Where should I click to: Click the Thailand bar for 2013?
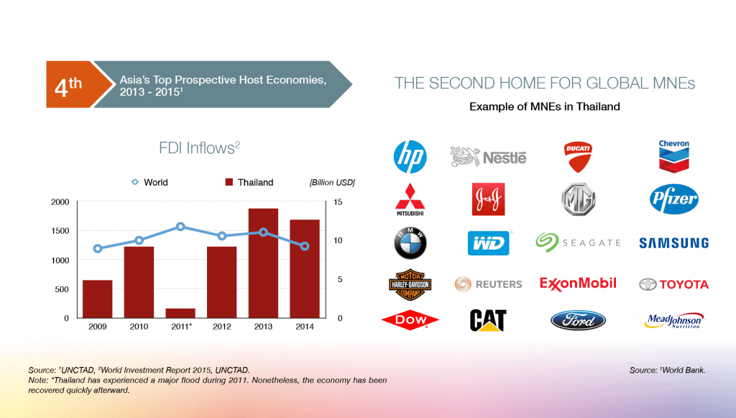click(263, 263)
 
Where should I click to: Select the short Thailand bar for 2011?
click(180, 313)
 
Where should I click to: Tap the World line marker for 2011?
click(180, 227)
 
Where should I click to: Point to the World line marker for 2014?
click(305, 246)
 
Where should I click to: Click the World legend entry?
click(149, 182)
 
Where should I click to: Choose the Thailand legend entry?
click(249, 182)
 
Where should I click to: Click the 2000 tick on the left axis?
click(60, 202)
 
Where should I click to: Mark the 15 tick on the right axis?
click(338, 202)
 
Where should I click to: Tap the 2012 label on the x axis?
click(221, 327)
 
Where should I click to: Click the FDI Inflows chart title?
click(200, 148)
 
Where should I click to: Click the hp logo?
click(410, 157)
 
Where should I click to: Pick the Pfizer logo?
click(673, 199)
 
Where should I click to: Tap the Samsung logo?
click(673, 243)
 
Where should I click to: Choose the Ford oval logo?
click(578, 320)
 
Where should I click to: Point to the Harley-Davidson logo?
click(410, 284)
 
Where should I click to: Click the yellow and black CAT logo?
click(488, 320)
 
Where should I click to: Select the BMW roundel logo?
click(410, 243)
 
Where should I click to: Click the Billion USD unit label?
click(332, 182)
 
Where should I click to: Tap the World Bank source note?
click(667, 370)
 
